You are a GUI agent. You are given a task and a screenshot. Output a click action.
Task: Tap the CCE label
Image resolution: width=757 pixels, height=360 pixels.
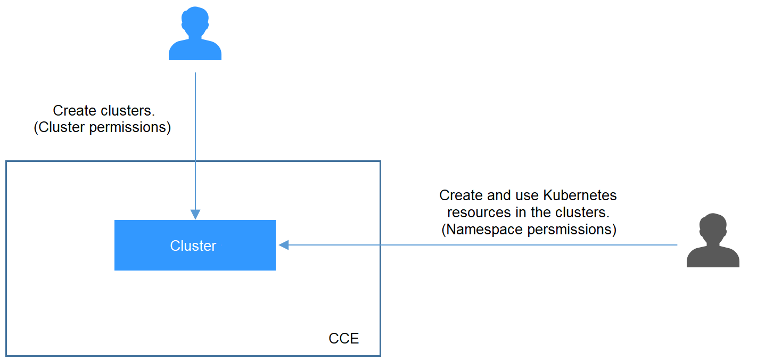click(x=343, y=339)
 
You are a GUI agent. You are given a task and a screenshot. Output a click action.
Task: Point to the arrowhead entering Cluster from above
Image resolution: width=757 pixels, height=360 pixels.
click(x=195, y=214)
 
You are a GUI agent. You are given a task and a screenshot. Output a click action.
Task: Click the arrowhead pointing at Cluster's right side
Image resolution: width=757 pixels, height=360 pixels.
click(x=284, y=245)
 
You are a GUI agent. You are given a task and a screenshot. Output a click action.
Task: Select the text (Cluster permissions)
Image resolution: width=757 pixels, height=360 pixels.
click(x=102, y=128)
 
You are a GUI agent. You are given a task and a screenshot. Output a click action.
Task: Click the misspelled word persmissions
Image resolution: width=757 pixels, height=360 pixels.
click(x=571, y=230)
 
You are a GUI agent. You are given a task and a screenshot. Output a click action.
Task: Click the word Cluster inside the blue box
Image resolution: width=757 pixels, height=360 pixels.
click(x=193, y=246)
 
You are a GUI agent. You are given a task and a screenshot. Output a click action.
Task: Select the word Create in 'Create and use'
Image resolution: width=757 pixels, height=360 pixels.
click(x=461, y=195)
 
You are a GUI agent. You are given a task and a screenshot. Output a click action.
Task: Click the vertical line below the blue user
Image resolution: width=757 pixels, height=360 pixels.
click(x=195, y=144)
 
